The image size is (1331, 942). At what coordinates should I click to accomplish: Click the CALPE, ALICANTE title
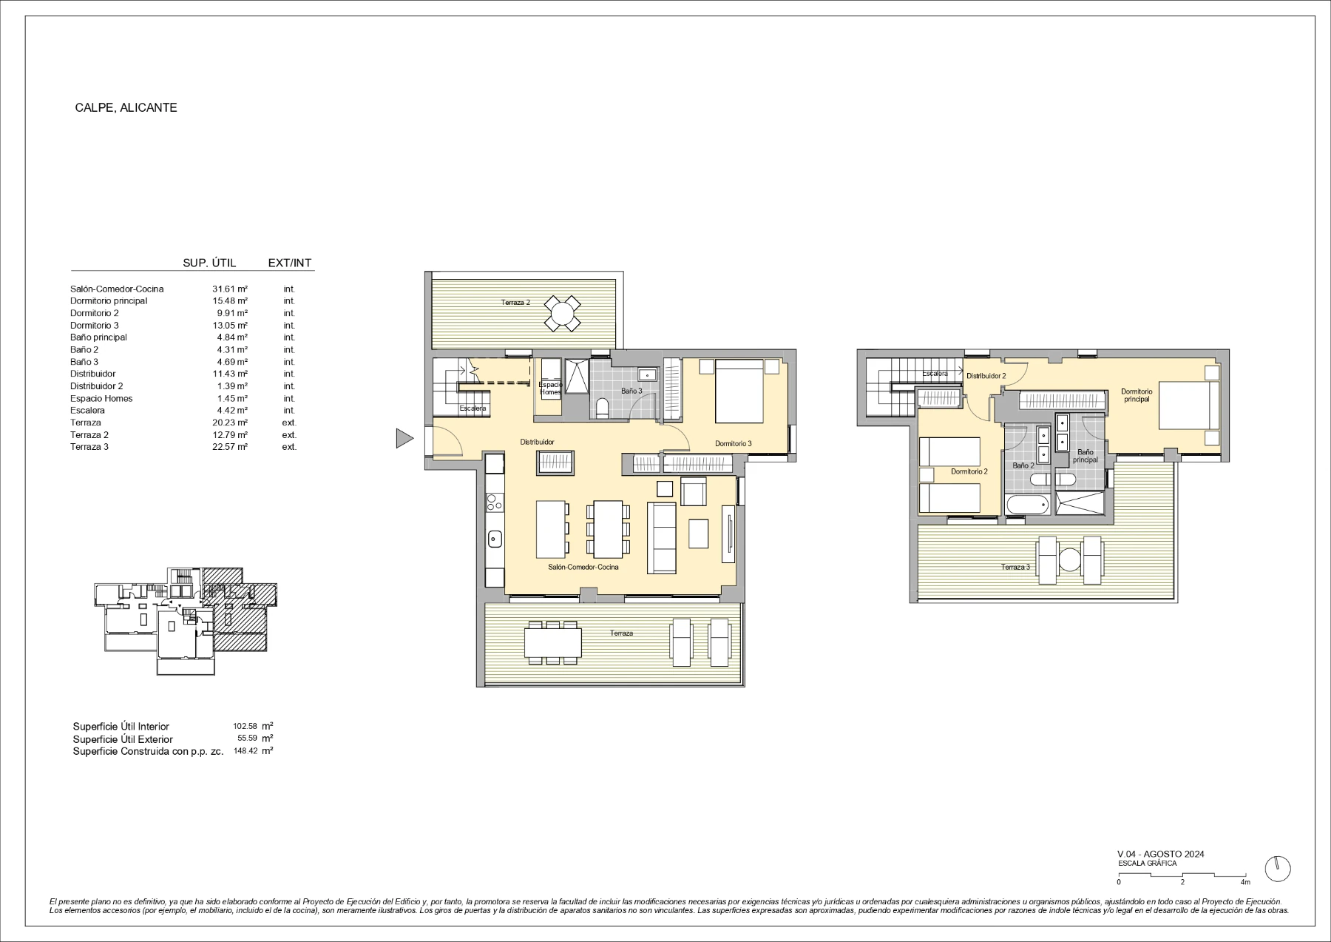[x=126, y=107]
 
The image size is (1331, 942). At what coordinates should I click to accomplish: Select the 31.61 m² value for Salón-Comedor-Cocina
[x=230, y=289]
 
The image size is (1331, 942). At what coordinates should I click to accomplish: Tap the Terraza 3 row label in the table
[x=89, y=447]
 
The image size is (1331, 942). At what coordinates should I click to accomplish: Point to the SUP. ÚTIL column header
[x=209, y=263]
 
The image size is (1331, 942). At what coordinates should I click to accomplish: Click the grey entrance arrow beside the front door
[x=404, y=438]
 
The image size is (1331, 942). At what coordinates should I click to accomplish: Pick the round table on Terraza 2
[x=563, y=313]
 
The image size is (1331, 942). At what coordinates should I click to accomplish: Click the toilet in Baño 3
[x=601, y=407]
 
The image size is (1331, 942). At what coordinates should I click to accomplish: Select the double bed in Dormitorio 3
[x=739, y=391]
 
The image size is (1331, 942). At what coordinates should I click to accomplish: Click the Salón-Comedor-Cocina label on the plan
[x=583, y=567]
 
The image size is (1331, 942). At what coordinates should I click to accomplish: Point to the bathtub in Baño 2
[x=1027, y=505]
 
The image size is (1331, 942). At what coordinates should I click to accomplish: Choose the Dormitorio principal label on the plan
[x=1137, y=395]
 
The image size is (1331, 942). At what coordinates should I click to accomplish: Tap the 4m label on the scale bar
[x=1245, y=882]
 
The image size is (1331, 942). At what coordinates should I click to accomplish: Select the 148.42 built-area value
[x=245, y=750]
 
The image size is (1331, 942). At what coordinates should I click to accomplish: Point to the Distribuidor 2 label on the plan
[x=986, y=376]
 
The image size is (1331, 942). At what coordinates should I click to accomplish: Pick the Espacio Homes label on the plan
[x=551, y=388]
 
